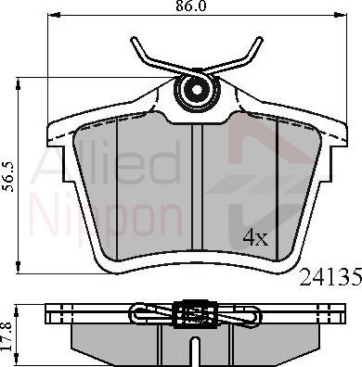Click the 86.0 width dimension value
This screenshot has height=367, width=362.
(190, 6)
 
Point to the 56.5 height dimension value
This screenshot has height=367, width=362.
(8, 177)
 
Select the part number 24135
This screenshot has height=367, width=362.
(330, 276)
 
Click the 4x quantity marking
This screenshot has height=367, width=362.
(255, 238)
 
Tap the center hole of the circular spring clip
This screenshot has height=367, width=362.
(197, 90)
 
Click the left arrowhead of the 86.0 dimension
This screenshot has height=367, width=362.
(54, 15)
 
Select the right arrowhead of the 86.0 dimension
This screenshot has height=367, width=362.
(341, 15)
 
